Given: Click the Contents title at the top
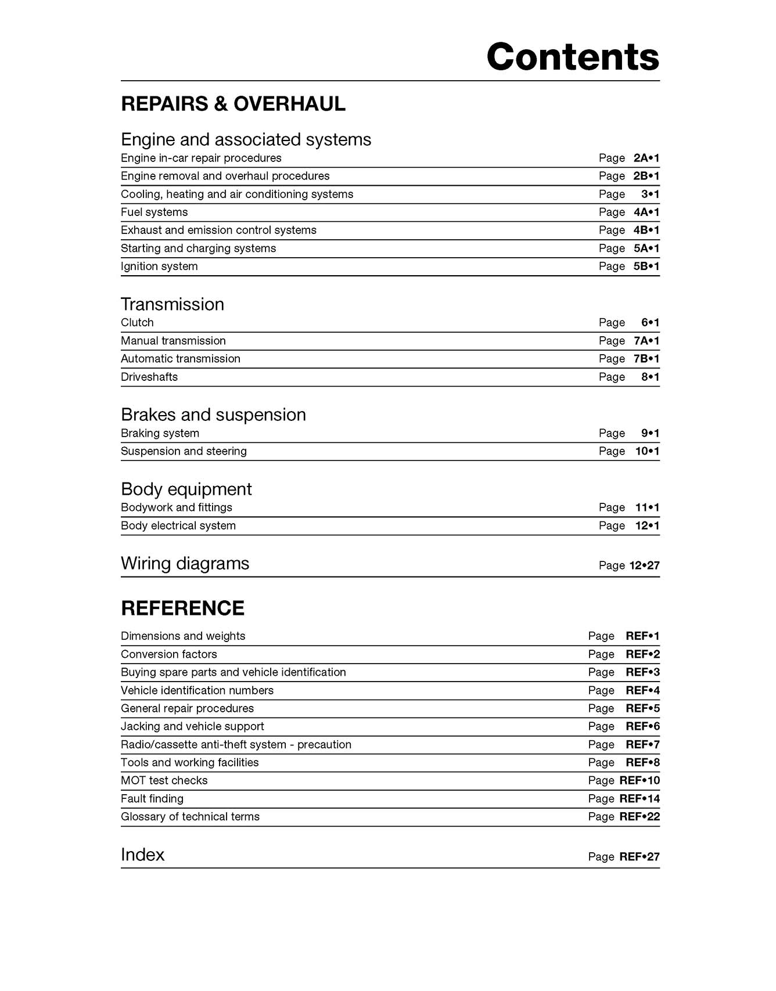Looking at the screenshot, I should pyautogui.click(x=572, y=57).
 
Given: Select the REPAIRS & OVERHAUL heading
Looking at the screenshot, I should pyautogui.click(x=233, y=104).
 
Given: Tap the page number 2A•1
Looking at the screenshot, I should pyautogui.click(x=646, y=158).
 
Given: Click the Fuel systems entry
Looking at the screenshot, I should pyautogui.click(x=154, y=212).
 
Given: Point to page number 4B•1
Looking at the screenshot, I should pyautogui.click(x=646, y=230).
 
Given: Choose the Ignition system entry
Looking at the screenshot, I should pyautogui.click(x=159, y=266).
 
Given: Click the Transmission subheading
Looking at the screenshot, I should pyautogui.click(x=172, y=304).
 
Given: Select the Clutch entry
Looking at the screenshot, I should pyautogui.click(x=137, y=323).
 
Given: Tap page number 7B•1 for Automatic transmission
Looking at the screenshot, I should pyautogui.click(x=646, y=359).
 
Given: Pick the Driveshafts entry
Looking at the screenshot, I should pyautogui.click(x=149, y=377).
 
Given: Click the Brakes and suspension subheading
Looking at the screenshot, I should pyautogui.click(x=213, y=415).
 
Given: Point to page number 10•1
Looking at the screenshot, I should pyautogui.click(x=647, y=451).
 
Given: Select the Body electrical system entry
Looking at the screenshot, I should pyautogui.click(x=178, y=526).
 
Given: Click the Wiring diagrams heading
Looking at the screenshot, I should pyautogui.click(x=185, y=564).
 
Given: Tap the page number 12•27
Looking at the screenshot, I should pyautogui.click(x=644, y=565).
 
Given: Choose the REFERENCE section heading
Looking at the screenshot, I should pyautogui.click(x=182, y=608).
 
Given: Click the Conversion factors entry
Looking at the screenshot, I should pyautogui.click(x=168, y=654).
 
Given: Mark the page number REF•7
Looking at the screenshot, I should pyautogui.click(x=642, y=745).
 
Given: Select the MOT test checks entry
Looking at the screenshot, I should pyautogui.click(x=164, y=781).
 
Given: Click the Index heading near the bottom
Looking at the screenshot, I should pyautogui.click(x=142, y=855).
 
